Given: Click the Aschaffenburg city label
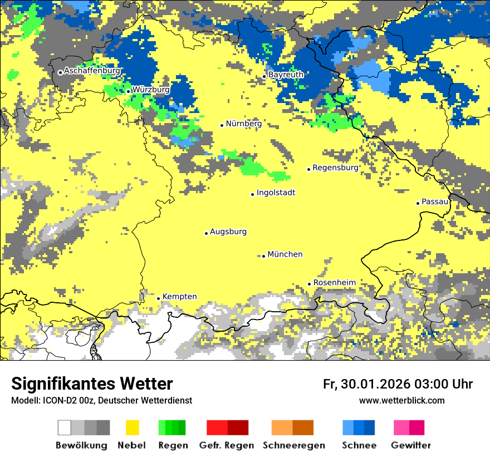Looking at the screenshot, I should pos(92,71).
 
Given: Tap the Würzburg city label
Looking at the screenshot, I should pos(151,89).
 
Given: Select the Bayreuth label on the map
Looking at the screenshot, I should pos(286,75).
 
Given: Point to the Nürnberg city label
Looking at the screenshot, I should pos(244,124).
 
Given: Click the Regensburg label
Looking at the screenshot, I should pos(336,168).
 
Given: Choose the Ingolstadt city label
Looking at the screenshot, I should pos(276,193).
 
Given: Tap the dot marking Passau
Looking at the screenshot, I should pos(418,203).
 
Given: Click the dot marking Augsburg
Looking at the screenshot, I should pos(206,233).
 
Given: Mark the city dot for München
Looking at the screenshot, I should pos(263,256).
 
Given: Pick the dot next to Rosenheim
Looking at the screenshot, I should pos(309,284).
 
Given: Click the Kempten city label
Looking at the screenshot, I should pos(180,297).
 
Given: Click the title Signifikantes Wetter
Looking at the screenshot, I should pos(92,384).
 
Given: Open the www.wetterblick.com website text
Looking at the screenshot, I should pos(402,400).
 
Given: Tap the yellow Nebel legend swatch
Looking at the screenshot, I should pos(133,427).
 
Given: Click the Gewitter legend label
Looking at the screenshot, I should pos(411,445).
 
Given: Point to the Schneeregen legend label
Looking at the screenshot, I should pos(294,445).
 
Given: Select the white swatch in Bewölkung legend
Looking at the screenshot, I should pos(65,427).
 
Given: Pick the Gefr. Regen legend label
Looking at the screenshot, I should pos(227,445).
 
